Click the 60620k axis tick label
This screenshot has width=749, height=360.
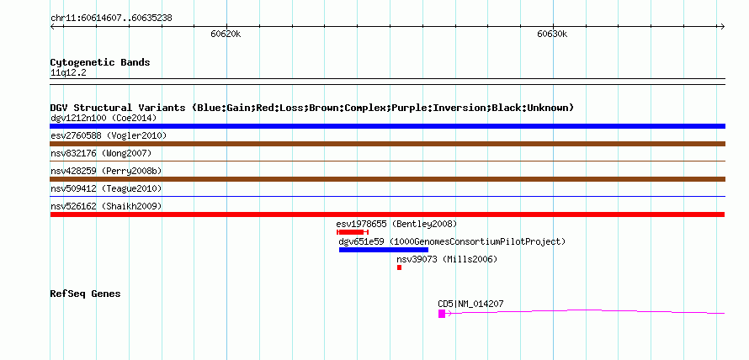click(x=226, y=34)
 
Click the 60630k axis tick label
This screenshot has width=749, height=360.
click(x=552, y=34)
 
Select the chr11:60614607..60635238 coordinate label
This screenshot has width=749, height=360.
click(x=111, y=19)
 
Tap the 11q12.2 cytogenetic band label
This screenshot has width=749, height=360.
click(x=68, y=73)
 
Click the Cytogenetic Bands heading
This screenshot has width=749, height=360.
click(x=100, y=62)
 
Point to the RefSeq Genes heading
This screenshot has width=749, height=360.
click(x=85, y=294)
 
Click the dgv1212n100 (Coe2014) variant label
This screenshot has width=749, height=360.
click(x=104, y=118)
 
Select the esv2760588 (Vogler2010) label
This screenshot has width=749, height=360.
click(x=109, y=135)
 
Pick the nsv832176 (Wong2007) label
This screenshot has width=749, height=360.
click(x=101, y=153)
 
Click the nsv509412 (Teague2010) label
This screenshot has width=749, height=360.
click(x=106, y=188)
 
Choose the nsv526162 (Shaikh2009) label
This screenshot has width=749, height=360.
click(x=106, y=206)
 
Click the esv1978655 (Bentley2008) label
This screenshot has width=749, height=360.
click(x=396, y=224)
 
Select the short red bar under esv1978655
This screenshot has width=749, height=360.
click(x=353, y=232)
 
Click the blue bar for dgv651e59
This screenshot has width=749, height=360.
click(x=384, y=250)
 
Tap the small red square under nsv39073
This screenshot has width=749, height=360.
click(x=400, y=267)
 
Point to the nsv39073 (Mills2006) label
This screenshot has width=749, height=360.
click(x=447, y=259)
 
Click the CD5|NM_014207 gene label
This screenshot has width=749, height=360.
click(x=470, y=304)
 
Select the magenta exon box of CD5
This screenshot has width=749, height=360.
click(x=442, y=313)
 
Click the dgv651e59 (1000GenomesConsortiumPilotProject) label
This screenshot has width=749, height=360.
click(x=452, y=241)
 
